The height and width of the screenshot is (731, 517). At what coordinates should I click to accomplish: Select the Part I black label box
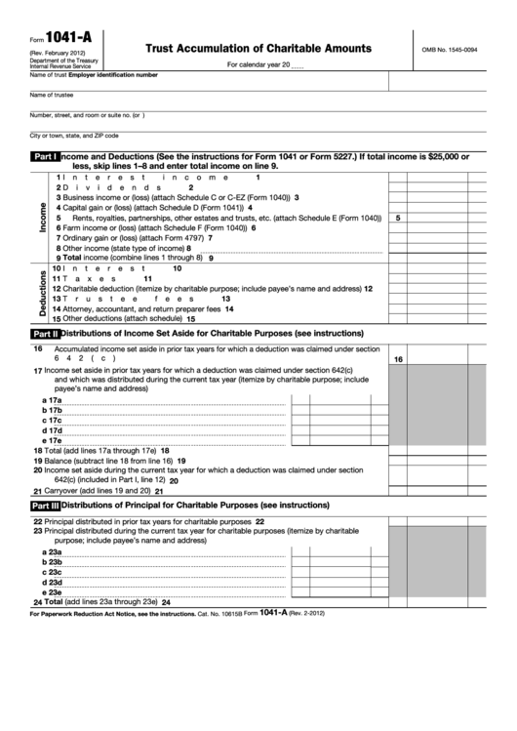[45, 156]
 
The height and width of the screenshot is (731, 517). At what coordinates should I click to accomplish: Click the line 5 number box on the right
[398, 218]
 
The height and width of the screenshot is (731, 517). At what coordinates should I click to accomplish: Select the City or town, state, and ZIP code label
[74, 135]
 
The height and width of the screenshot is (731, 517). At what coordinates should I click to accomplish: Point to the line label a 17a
[53, 400]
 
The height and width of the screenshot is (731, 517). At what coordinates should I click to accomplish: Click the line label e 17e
[53, 440]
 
